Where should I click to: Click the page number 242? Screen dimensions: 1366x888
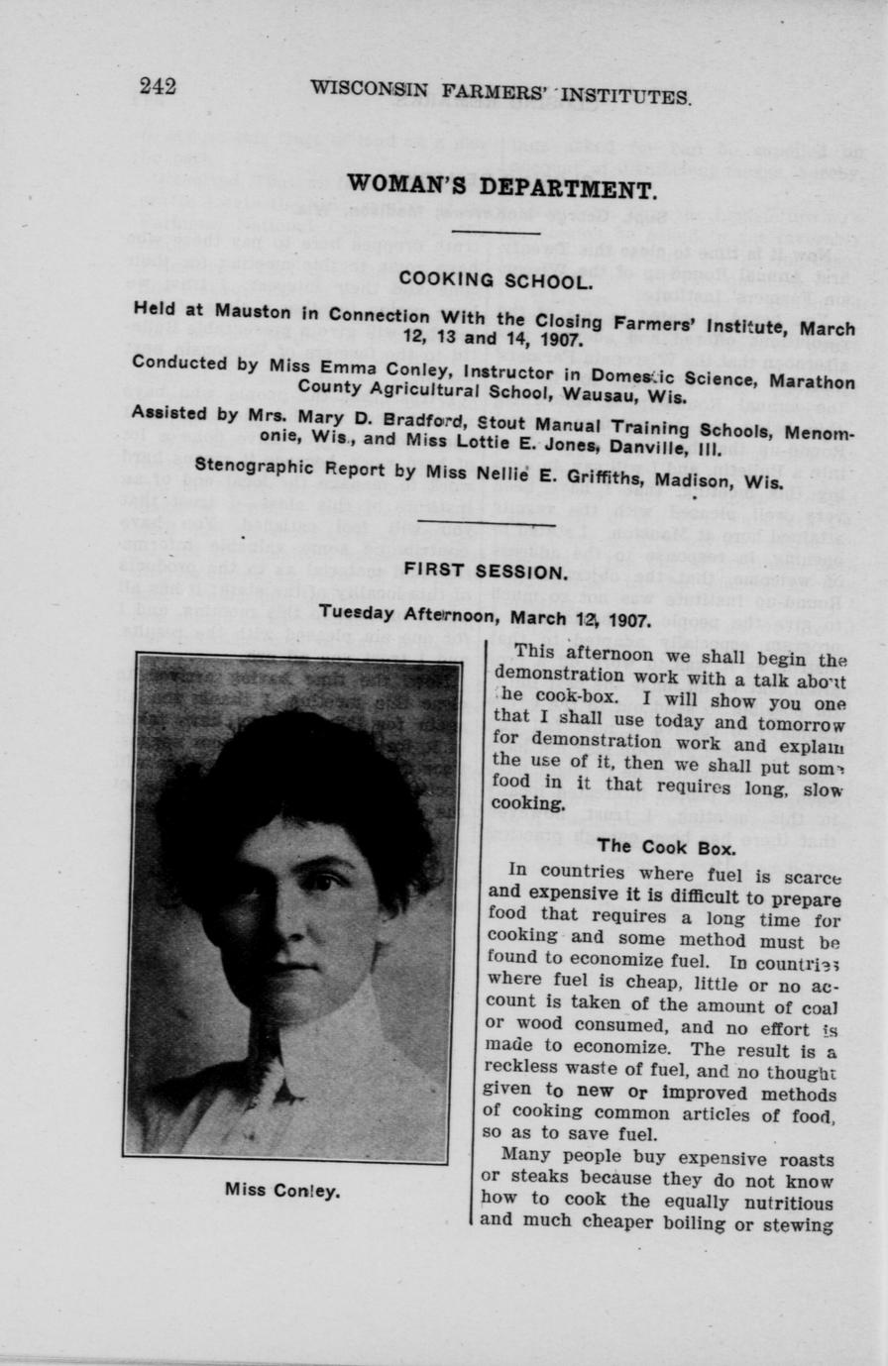(158, 86)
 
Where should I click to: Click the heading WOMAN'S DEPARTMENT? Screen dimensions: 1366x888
(500, 188)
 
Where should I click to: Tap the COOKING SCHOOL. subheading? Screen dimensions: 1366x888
(496, 280)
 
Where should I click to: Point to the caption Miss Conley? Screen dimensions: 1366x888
(282, 1190)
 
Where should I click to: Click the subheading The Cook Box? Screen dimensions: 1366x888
(666, 847)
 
